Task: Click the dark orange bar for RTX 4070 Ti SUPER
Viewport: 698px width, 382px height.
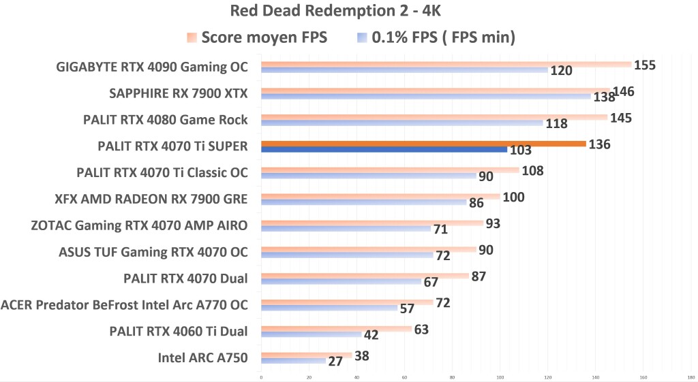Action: pyautogui.click(x=423, y=144)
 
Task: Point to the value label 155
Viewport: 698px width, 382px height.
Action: pyautogui.click(x=645, y=65)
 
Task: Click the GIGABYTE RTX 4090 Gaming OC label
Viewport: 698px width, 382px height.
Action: pyautogui.click(x=152, y=67)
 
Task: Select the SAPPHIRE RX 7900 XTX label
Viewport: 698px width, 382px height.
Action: pyautogui.click(x=179, y=93)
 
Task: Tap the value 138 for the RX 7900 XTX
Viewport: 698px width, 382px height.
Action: pyautogui.click(x=604, y=98)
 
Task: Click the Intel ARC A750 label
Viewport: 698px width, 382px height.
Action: pyautogui.click(x=203, y=357)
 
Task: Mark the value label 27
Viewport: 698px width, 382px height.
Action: pyautogui.click(x=335, y=362)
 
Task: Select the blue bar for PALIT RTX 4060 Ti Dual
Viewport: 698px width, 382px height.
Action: pyautogui.click(x=311, y=334)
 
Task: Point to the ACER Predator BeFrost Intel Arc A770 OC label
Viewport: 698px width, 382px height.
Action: pyautogui.click(x=125, y=304)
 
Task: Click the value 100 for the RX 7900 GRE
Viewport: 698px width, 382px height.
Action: pyautogui.click(x=513, y=197)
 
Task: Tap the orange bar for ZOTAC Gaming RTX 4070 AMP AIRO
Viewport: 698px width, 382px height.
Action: pyautogui.click(x=372, y=223)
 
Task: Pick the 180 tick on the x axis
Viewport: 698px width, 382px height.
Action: pyautogui.click(x=691, y=376)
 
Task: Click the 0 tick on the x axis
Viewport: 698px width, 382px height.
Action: pyautogui.click(x=261, y=376)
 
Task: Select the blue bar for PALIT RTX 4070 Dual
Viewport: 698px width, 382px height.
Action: pyautogui.click(x=341, y=281)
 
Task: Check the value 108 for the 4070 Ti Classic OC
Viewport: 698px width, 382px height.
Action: pyautogui.click(x=532, y=170)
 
